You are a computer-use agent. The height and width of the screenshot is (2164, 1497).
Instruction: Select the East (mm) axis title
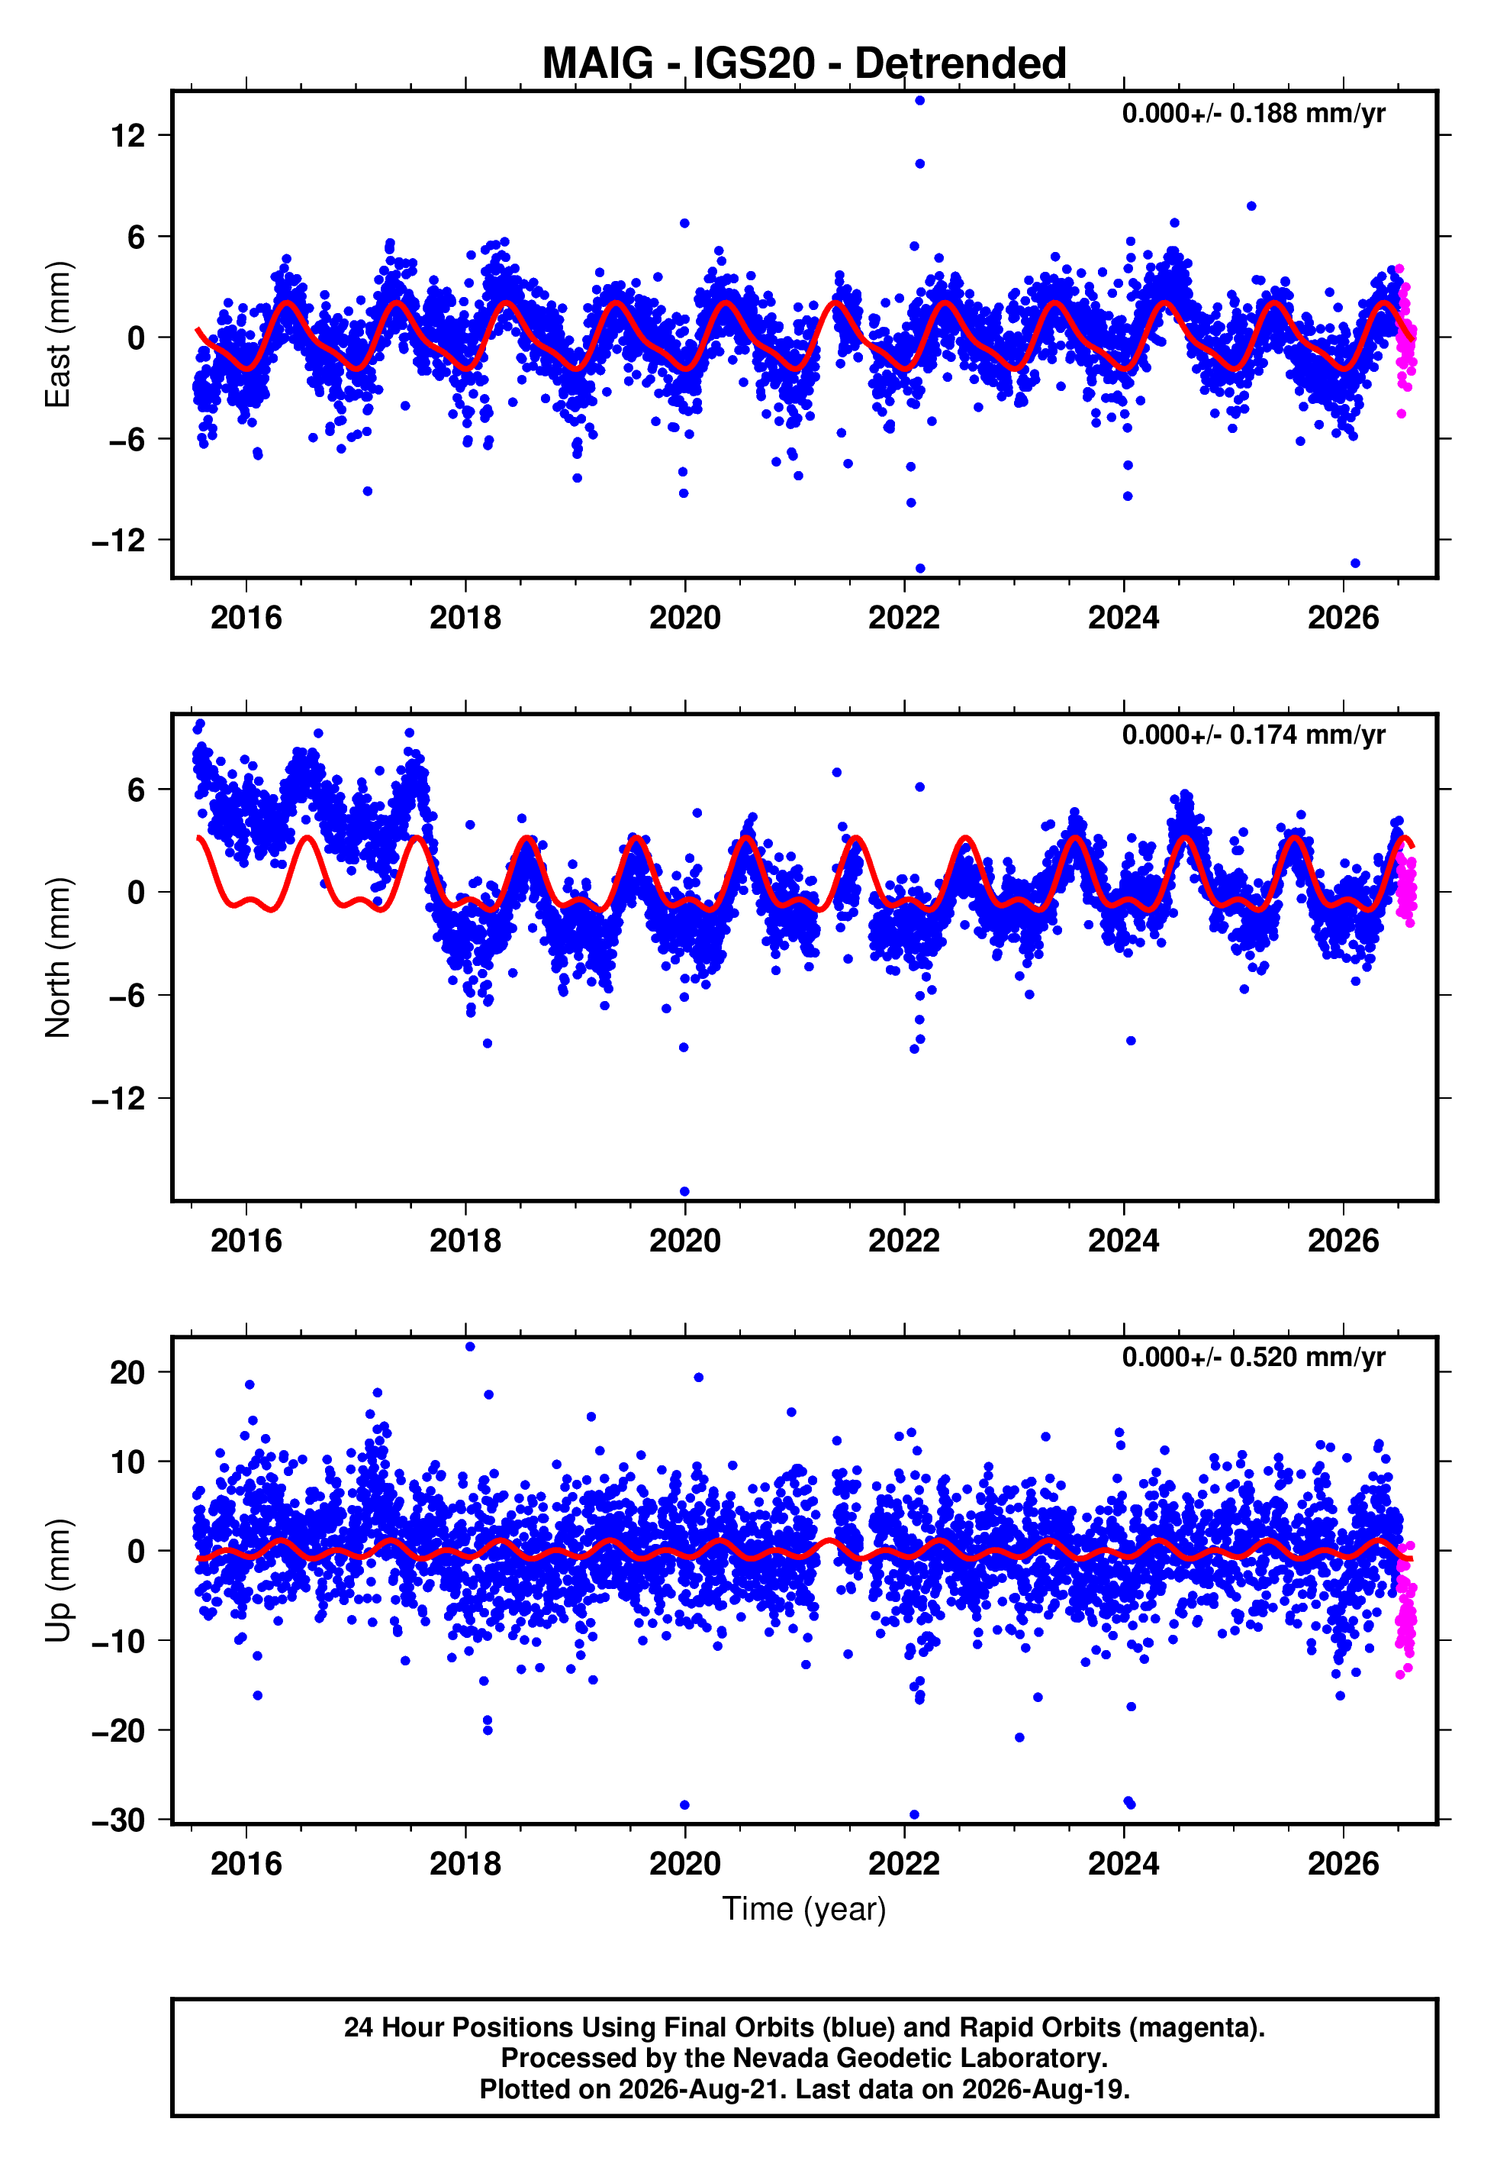[x=58, y=334]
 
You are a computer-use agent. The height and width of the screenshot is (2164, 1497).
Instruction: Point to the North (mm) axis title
[x=58, y=958]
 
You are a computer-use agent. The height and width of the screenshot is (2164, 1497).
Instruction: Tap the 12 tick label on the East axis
[x=127, y=136]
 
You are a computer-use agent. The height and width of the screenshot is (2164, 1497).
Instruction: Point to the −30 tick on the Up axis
[x=118, y=1820]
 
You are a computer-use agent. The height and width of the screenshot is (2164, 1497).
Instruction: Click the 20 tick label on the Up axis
[x=127, y=1372]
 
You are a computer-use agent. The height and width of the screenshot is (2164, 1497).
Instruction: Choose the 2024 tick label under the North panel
[x=1124, y=1241]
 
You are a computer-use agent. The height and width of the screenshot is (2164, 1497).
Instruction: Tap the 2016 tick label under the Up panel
[x=246, y=1863]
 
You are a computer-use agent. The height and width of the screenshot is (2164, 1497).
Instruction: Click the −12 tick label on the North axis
[x=118, y=1099]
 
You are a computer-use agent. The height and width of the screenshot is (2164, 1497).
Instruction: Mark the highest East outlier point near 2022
[x=920, y=100]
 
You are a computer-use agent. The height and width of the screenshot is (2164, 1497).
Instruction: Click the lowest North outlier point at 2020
[x=684, y=1192]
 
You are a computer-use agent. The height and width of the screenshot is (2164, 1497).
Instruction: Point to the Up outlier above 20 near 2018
[x=470, y=1347]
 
